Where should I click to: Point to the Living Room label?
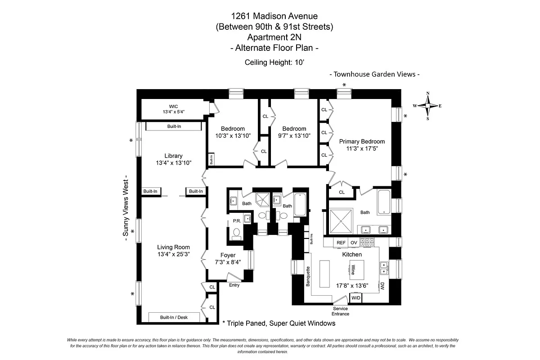(173, 247)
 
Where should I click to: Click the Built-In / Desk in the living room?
(174, 317)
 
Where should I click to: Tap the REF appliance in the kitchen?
(341, 243)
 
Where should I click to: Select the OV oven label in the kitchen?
(354, 243)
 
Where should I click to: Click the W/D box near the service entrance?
(356, 298)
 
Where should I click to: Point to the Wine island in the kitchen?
(353, 270)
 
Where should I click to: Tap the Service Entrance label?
(340, 311)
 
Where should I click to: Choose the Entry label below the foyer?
(234, 285)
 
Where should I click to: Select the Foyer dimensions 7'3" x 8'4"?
(228, 262)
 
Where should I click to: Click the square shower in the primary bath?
(343, 220)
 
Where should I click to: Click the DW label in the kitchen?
(382, 286)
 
